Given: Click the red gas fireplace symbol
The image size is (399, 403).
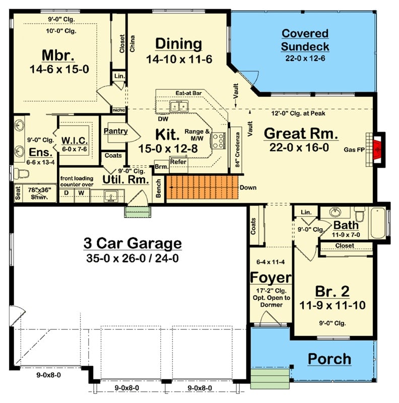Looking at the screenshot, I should [377, 148].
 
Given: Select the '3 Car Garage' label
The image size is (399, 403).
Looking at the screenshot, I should [132, 244].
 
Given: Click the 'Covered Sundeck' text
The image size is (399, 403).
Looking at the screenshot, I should [305, 40].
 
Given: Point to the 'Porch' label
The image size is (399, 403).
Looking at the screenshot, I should [329, 359].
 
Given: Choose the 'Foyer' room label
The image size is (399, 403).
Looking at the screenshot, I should [271, 278].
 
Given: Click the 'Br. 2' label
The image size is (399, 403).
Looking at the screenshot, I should [333, 291].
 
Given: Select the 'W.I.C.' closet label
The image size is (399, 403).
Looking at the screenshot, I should [75, 140].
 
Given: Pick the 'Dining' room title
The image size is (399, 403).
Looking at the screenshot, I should [178, 44].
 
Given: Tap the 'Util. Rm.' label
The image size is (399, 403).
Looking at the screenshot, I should [125, 179].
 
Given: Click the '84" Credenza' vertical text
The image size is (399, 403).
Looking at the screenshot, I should [236, 147].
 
